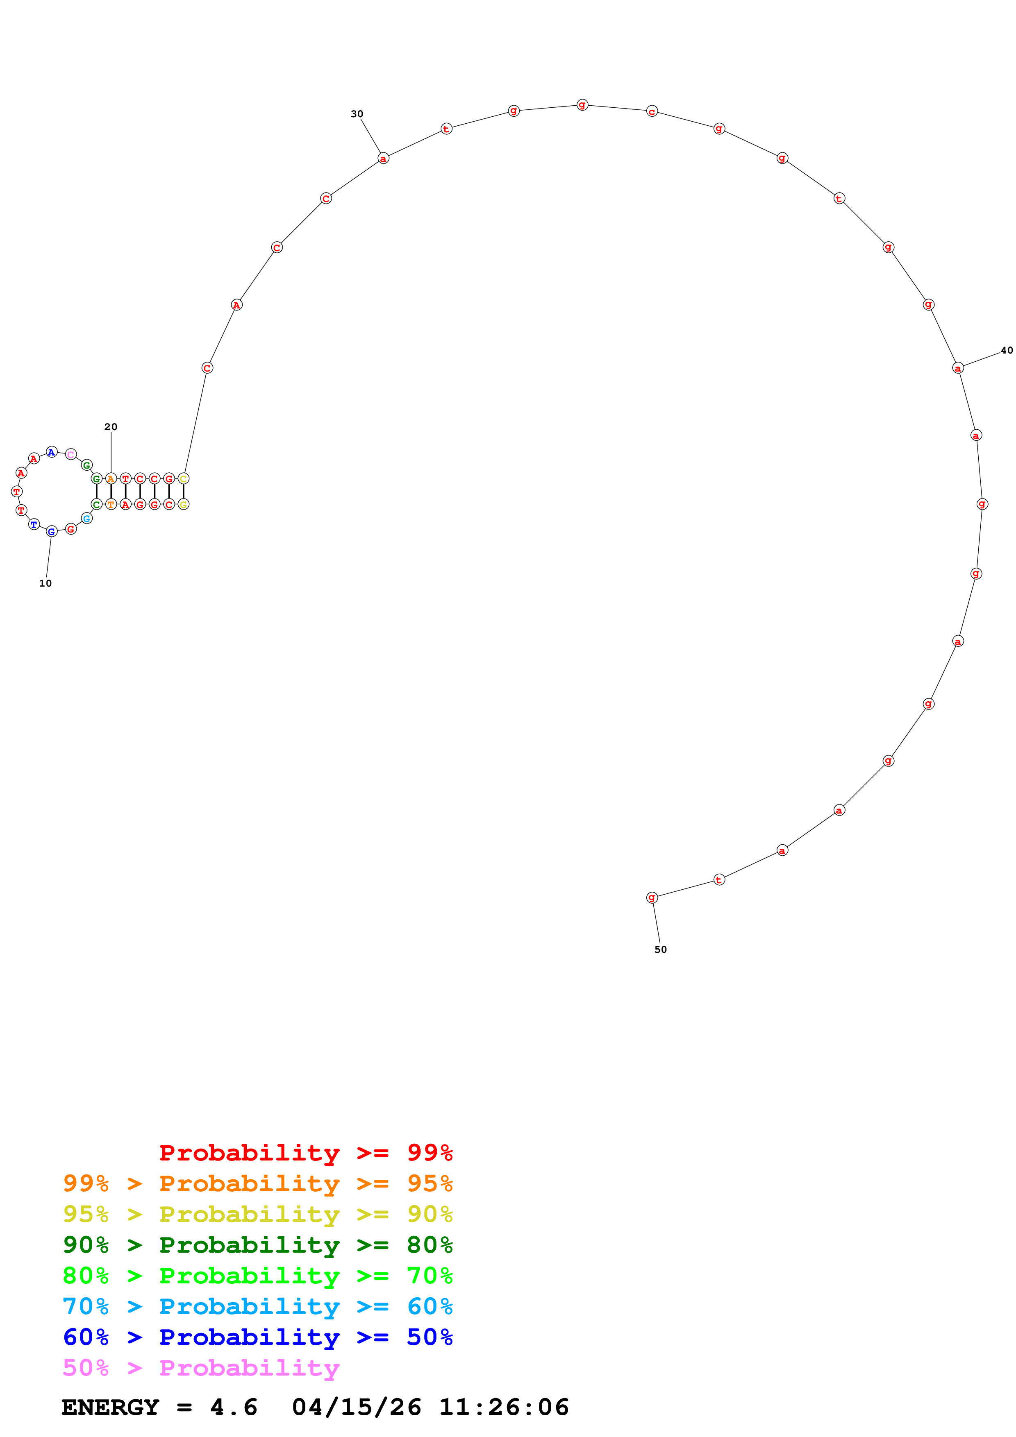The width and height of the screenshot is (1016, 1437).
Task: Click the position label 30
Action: [x=357, y=114]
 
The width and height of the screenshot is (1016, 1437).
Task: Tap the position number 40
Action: [x=1006, y=351]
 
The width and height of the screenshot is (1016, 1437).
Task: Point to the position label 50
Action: [x=660, y=950]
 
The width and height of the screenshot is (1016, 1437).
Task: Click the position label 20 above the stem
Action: [x=111, y=427]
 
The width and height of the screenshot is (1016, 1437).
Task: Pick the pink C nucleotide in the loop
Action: [x=71, y=454]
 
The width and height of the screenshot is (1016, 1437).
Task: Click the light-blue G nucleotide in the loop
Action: [x=87, y=518]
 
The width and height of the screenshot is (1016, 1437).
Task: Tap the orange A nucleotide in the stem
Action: [x=111, y=479]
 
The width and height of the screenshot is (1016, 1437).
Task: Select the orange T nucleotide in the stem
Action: [x=111, y=504]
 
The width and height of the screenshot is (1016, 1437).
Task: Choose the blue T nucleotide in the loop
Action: [x=34, y=524]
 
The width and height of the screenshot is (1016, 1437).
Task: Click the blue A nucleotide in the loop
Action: [x=51, y=452]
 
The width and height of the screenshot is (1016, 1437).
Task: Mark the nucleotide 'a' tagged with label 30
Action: [x=383, y=159]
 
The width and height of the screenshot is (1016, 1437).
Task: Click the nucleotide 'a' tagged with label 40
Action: [x=957, y=368]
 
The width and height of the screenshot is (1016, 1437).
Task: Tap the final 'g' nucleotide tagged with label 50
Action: [x=652, y=898]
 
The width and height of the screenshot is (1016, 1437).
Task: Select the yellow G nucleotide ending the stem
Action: [x=184, y=504]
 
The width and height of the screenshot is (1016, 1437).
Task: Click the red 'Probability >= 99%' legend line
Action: [x=305, y=1153]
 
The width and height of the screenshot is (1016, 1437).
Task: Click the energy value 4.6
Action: [x=234, y=1407]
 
